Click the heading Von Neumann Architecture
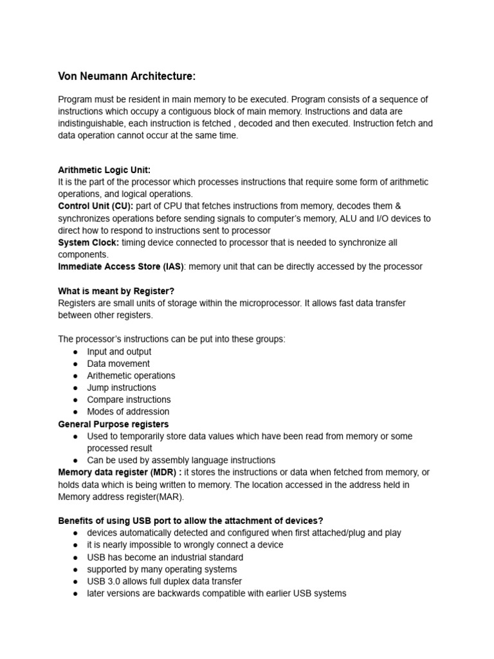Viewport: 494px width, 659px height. click(127, 77)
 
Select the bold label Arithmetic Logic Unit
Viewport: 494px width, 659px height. click(104, 170)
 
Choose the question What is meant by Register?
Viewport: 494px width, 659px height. click(116, 291)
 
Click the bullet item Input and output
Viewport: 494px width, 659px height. click(119, 351)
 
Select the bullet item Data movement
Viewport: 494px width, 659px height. click(118, 364)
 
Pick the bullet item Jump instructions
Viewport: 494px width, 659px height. click(122, 387)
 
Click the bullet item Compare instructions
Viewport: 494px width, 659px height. click(129, 400)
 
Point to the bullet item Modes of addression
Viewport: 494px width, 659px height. click(128, 412)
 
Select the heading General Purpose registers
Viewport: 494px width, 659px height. click(113, 424)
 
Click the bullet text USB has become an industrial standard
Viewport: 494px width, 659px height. click(165, 557)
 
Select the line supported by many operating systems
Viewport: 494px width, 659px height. click(162, 570)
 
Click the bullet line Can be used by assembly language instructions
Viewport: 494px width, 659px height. click(181, 460)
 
